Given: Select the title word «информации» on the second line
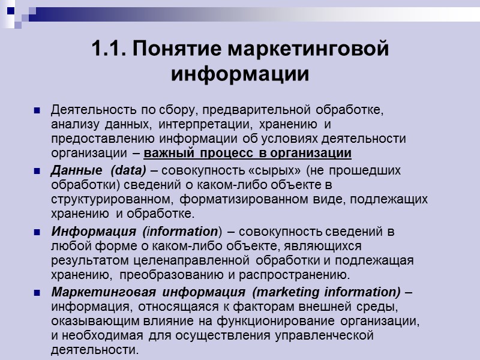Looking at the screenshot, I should (240, 75).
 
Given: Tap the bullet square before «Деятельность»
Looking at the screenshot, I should (37, 111).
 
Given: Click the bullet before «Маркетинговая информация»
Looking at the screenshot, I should (37, 293).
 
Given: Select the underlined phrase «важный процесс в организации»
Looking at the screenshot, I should (248, 152).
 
